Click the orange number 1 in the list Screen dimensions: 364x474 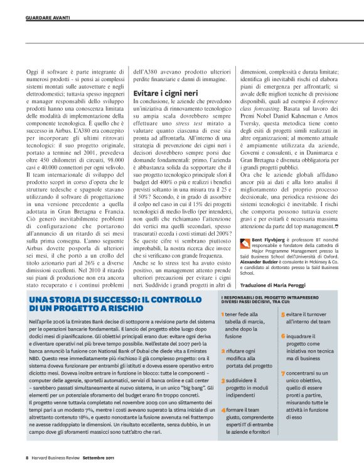(x=222, y=314)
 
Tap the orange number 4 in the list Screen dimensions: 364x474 (x=222, y=409)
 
